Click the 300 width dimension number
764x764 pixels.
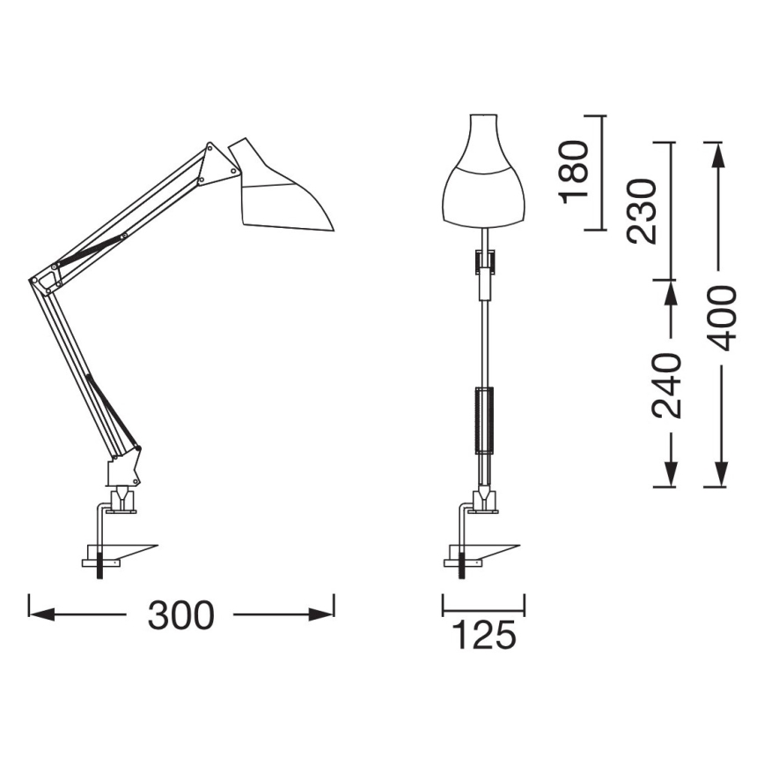[x=181, y=615]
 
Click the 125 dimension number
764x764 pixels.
[x=483, y=635]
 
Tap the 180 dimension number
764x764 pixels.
[x=574, y=171]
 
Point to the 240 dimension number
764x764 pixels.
[x=666, y=386]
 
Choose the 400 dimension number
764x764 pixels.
[x=722, y=317]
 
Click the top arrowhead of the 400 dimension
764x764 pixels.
[x=719, y=153]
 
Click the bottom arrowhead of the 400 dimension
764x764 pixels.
[x=719, y=475]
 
